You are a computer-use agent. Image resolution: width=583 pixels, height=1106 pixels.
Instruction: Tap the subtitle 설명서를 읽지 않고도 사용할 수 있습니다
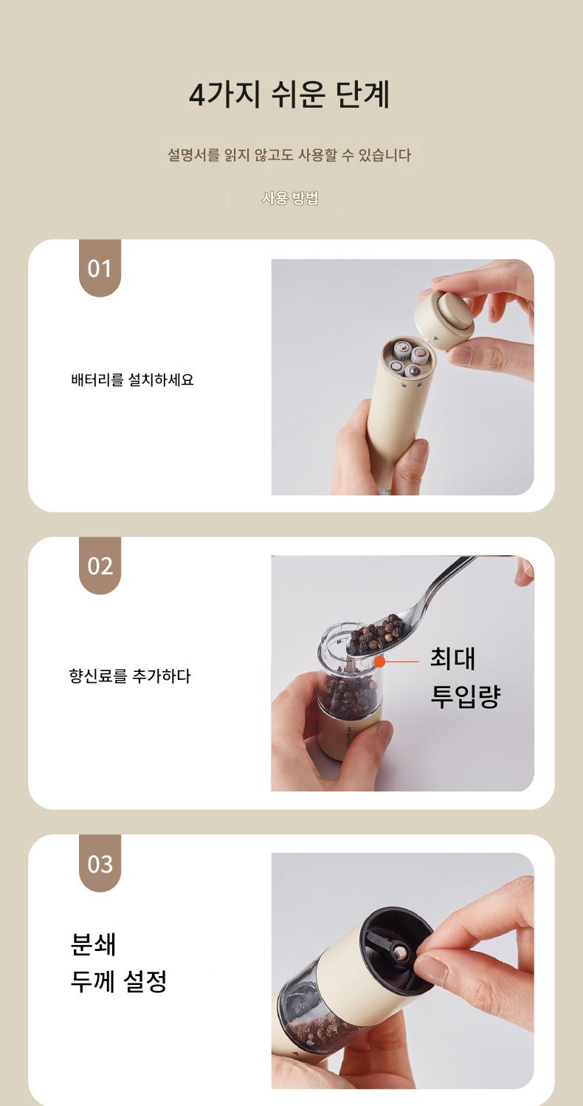[289, 155]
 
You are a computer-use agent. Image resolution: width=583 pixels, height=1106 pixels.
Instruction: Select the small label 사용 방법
[290, 198]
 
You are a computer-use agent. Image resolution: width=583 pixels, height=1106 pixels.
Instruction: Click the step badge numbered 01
[100, 268]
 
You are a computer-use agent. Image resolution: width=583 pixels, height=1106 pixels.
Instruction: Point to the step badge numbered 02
[100, 566]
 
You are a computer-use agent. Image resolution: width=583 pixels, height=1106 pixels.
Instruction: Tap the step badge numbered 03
[100, 864]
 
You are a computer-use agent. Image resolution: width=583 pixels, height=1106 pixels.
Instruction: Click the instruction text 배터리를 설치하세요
[132, 379]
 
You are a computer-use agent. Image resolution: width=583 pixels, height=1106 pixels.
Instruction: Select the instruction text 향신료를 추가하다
[130, 676]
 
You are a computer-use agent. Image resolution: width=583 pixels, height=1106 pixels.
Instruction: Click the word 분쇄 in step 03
[93, 944]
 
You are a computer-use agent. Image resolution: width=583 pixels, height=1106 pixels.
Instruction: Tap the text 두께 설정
[119, 981]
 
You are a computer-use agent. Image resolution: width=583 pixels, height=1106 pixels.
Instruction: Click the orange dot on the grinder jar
[379, 661]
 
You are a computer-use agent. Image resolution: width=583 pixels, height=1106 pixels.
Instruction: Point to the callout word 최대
[452, 658]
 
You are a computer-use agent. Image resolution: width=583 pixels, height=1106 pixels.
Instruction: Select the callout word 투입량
[466, 695]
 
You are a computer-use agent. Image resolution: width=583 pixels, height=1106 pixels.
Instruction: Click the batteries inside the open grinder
[410, 360]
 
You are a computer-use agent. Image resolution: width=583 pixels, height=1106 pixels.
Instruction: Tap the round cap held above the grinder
[444, 320]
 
